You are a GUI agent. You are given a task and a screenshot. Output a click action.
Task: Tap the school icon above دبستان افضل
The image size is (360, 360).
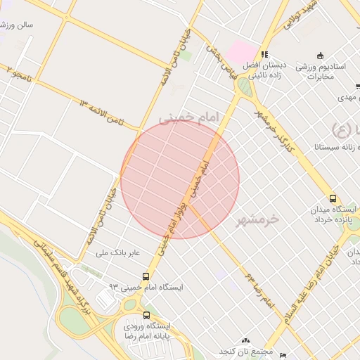[264, 54]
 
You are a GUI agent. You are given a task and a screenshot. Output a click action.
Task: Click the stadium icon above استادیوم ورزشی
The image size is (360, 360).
[321, 56]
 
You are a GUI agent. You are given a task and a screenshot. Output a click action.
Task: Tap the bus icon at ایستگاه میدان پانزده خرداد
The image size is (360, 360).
[333, 198]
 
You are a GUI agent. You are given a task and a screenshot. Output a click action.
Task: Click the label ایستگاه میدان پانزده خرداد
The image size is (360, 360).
[333, 214]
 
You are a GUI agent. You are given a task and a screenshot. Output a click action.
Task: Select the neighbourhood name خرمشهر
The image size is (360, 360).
[258, 219]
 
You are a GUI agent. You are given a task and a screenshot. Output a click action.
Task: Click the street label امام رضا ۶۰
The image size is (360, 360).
[259, 288]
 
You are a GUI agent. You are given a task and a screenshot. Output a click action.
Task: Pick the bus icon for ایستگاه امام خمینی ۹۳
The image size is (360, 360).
[146, 276]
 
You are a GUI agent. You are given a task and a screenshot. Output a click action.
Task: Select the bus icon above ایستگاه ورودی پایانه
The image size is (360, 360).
[147, 315]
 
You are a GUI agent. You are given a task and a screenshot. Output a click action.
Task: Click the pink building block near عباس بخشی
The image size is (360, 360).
[242, 51]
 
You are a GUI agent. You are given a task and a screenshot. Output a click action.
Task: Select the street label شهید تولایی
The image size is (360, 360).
[303, 15]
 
